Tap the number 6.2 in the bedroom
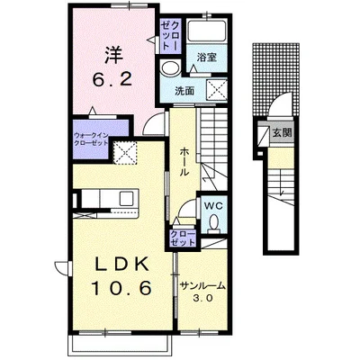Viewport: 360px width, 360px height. (x=112, y=80)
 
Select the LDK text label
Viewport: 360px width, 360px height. (x=121, y=265)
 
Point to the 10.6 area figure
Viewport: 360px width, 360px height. (x=121, y=288)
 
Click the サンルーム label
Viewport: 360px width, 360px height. (x=202, y=286)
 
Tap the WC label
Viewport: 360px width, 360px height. (x=213, y=206)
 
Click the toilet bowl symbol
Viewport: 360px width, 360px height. (x=214, y=223)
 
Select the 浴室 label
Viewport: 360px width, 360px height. (x=207, y=57)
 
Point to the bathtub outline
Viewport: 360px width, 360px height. (x=206, y=31)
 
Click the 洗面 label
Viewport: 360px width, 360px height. (x=184, y=91)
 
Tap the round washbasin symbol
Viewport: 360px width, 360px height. (x=170, y=68)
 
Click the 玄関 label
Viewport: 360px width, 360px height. (x=283, y=132)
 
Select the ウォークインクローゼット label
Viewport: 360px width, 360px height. (x=91, y=139)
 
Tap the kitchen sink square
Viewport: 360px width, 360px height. (x=126, y=198)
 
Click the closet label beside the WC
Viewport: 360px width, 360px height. (x=183, y=238)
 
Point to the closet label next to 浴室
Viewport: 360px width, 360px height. (x=170, y=35)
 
